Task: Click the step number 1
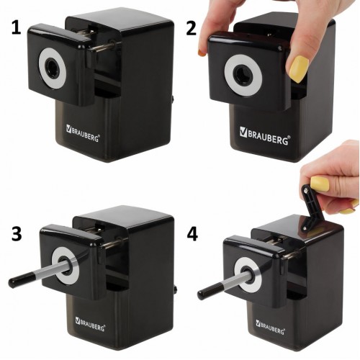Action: tap(17, 28)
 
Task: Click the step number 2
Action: tap(192, 29)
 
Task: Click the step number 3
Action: tap(17, 234)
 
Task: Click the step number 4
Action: tap(192, 234)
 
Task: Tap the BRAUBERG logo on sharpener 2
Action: tap(265, 135)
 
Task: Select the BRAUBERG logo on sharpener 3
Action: tap(90, 324)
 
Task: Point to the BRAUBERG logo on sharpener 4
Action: tap(270, 327)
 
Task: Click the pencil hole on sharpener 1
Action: tap(51, 68)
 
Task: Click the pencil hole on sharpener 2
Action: tap(242, 75)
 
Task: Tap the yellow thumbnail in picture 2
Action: tap(298, 69)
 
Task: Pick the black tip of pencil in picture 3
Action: tap(19, 279)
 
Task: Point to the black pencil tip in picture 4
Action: tap(207, 291)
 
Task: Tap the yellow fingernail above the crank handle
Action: tap(320, 184)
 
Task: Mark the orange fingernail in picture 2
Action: tap(202, 53)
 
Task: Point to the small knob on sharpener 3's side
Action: tap(176, 289)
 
